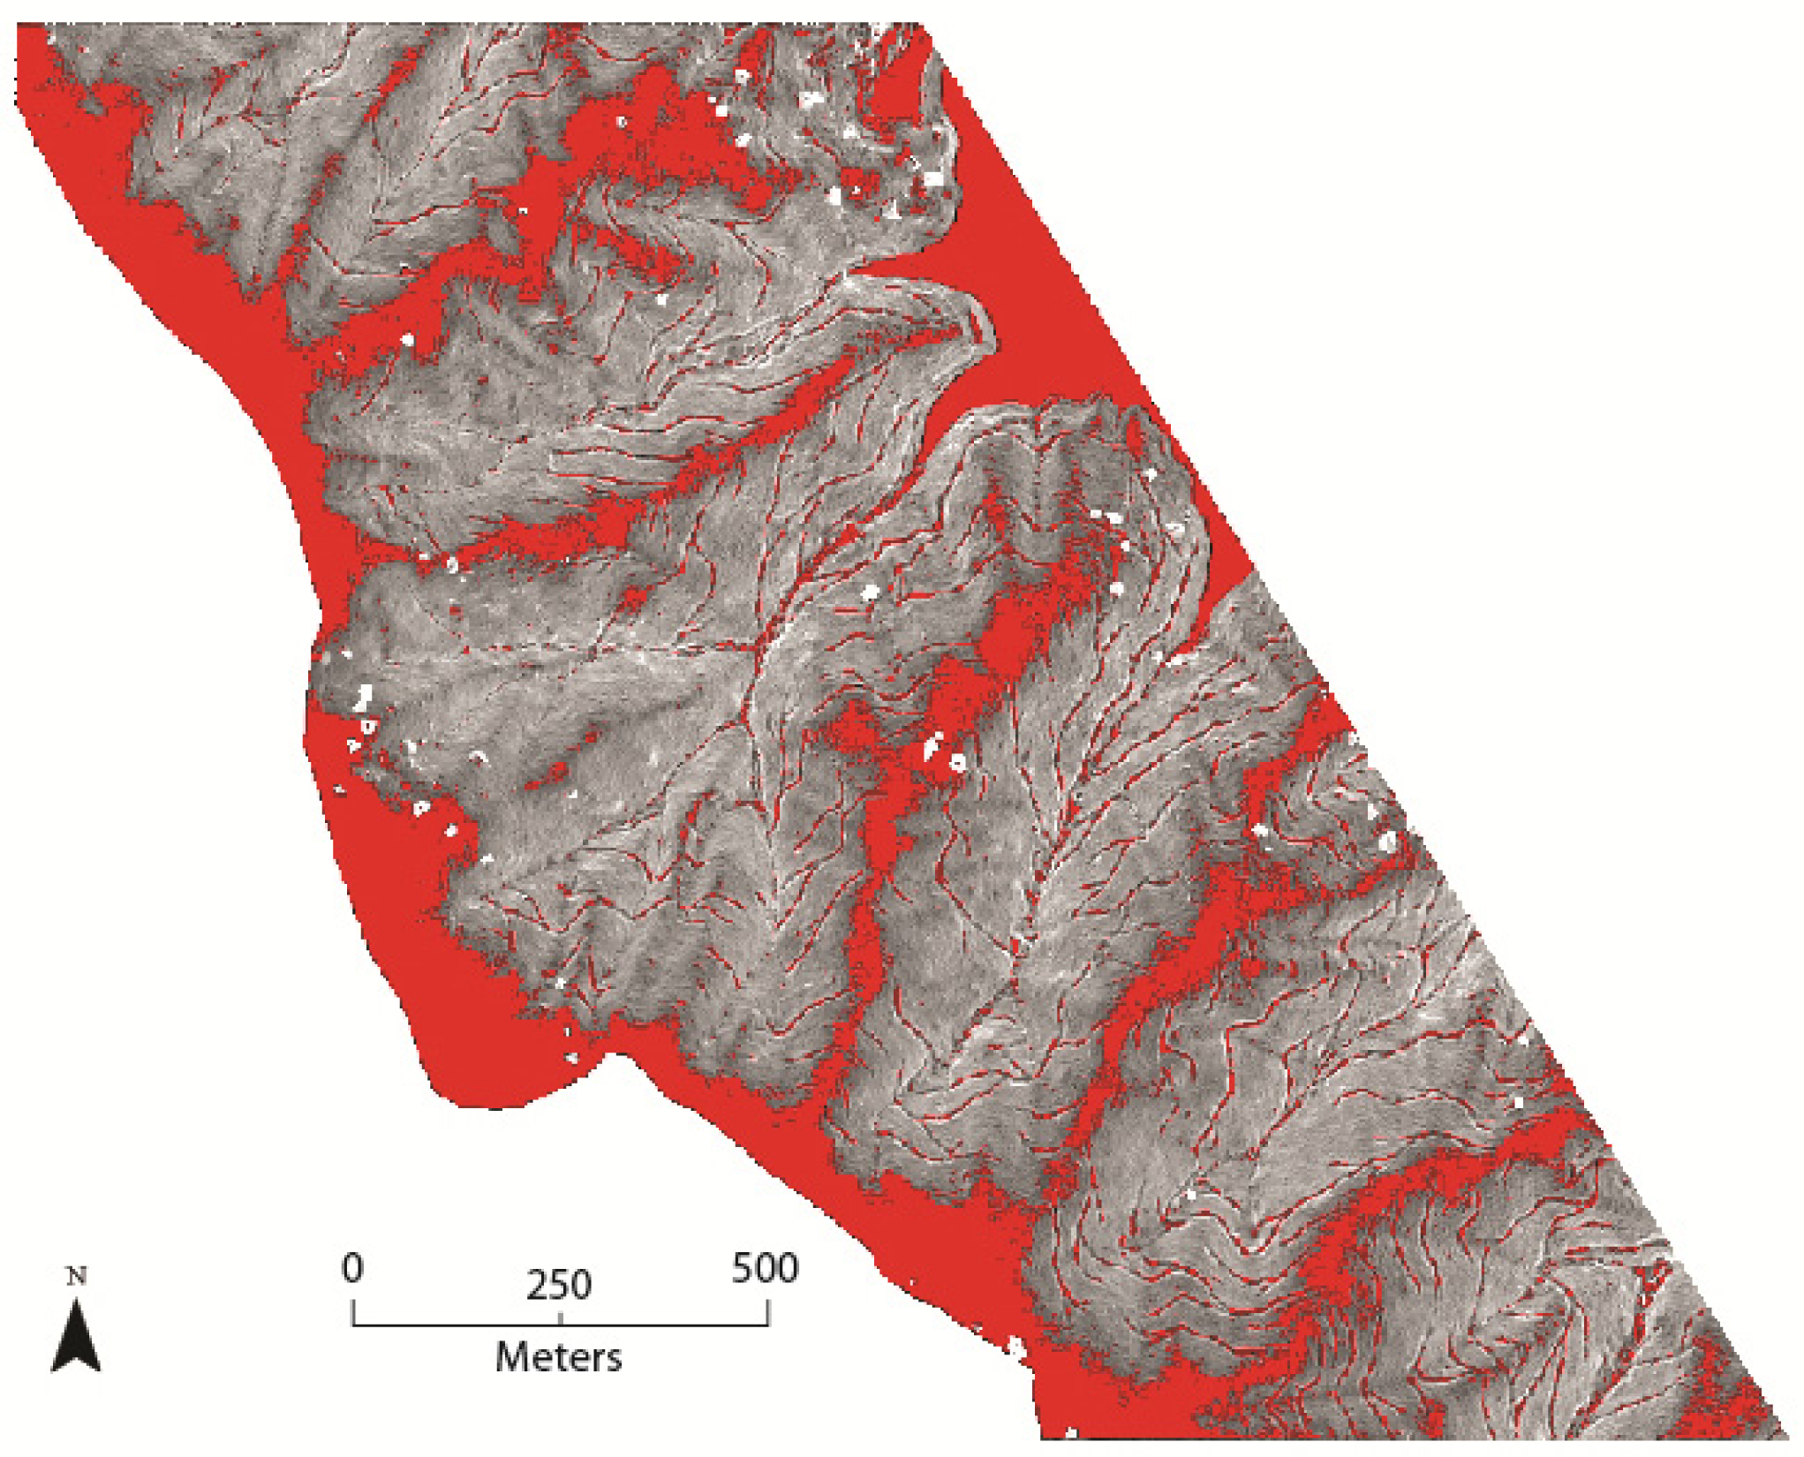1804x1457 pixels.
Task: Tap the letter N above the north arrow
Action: tap(77, 1277)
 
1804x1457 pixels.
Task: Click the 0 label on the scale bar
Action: tap(352, 1269)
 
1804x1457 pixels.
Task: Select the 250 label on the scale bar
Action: tap(559, 1286)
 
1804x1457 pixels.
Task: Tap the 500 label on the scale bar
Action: tap(765, 1269)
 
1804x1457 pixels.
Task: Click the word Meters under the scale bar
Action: tap(558, 1357)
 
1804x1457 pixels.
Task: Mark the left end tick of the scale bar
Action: tap(353, 1313)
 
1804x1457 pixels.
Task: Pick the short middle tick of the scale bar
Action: tap(561, 1319)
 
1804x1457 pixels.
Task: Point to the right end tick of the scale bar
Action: tap(768, 1313)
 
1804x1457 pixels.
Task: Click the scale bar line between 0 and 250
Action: tap(457, 1325)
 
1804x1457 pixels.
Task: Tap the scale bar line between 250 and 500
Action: tap(664, 1325)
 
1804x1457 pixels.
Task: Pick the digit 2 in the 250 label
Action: tap(537, 1286)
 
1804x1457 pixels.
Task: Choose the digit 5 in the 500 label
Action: tap(743, 1269)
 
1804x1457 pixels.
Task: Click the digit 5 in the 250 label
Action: tap(559, 1286)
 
